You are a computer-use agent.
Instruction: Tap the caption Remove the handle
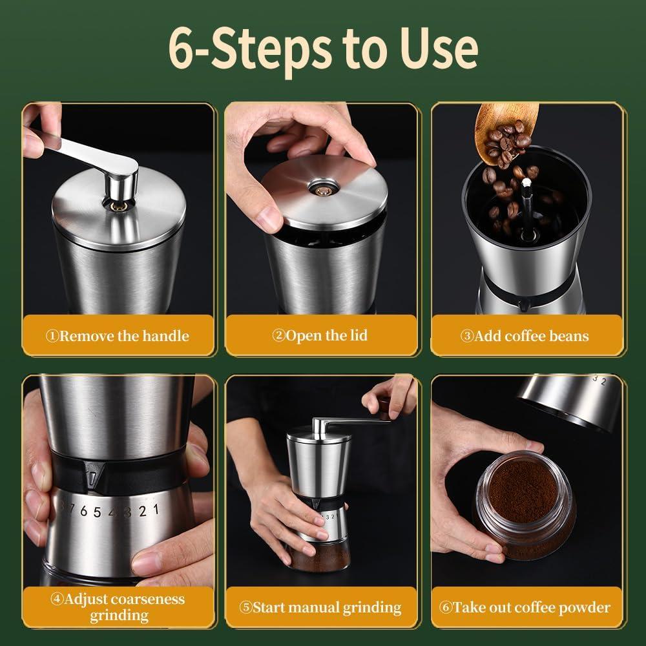point(118,336)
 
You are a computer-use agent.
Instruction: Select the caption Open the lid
point(320,335)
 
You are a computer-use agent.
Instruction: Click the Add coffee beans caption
point(525,336)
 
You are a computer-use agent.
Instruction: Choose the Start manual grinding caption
point(320,608)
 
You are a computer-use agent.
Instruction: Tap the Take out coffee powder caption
point(525,608)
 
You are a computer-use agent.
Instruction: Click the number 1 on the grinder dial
point(156,510)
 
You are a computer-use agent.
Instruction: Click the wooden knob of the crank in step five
point(385,406)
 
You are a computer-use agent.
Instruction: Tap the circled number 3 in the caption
point(466,337)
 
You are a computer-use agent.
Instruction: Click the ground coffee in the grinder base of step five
point(321,557)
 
